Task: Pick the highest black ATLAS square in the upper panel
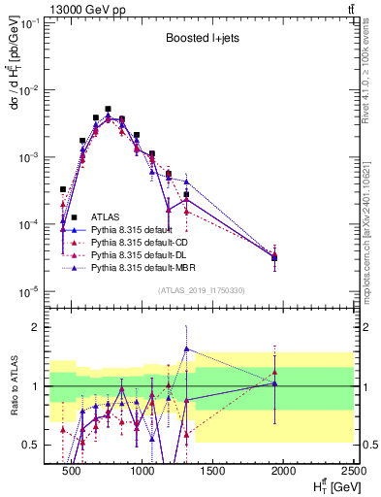coord(108,110)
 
